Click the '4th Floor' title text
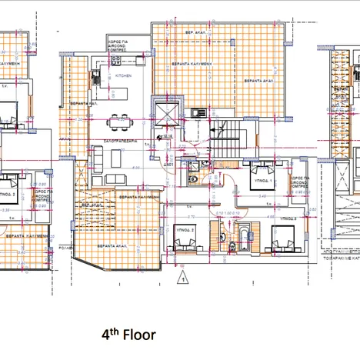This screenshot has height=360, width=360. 129,335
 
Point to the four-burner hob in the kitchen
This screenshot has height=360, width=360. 115,61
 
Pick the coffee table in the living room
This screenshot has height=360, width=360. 116,157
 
